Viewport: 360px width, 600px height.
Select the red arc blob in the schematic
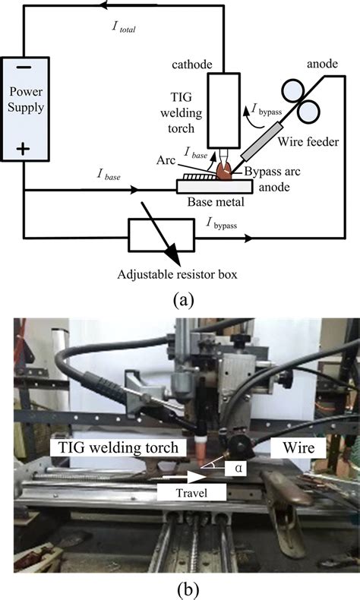point(227,170)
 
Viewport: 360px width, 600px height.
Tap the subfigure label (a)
point(180,300)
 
